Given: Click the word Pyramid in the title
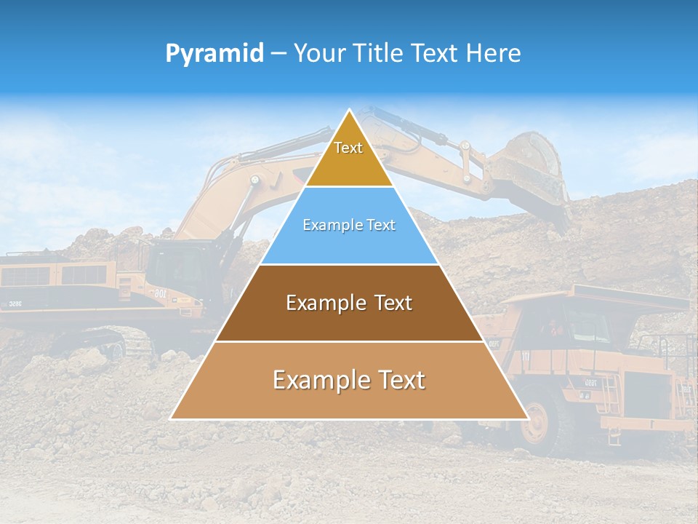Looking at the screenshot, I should pyautogui.click(x=214, y=54).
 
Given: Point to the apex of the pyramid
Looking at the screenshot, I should pyautogui.click(x=349, y=111).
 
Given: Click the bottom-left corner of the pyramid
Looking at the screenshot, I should pyautogui.click(x=172, y=418).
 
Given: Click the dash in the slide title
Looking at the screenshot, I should pyautogui.click(x=278, y=54).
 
